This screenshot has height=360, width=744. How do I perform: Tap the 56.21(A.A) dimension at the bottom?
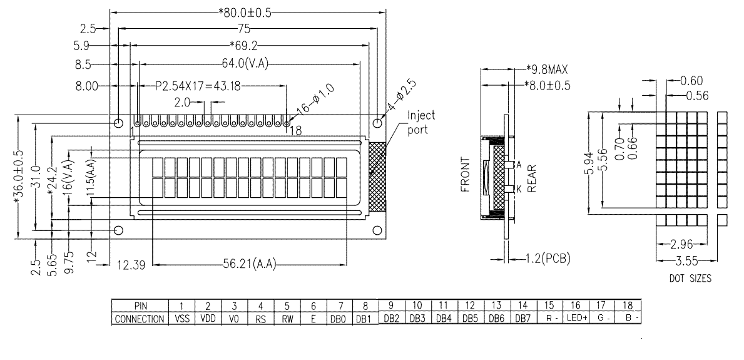coord(249,265)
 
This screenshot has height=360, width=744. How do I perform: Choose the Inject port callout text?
coord(420,123)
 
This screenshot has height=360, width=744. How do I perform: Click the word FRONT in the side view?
coord(466,173)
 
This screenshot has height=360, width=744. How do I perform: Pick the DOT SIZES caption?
coord(687,279)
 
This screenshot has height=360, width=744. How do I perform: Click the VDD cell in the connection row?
coord(208,319)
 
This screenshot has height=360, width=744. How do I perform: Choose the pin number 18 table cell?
coord(628,306)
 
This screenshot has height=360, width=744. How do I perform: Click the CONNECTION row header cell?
coord(140,319)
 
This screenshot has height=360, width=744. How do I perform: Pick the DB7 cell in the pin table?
coord(522,319)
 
